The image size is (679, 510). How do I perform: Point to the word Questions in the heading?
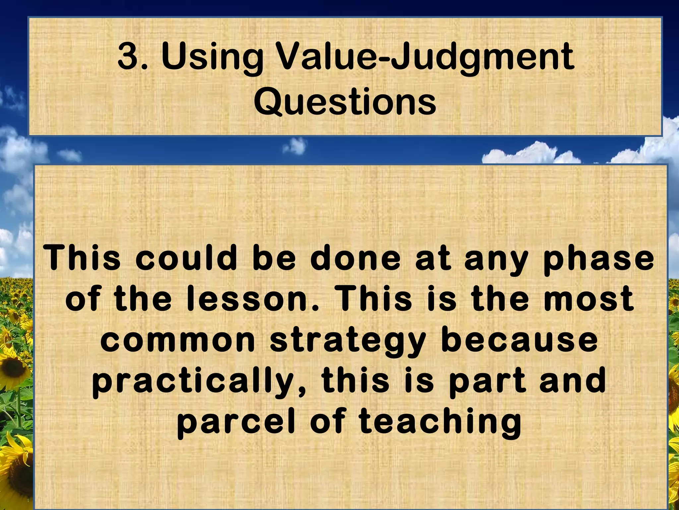[345, 100]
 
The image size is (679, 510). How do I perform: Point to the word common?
[178, 340]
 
